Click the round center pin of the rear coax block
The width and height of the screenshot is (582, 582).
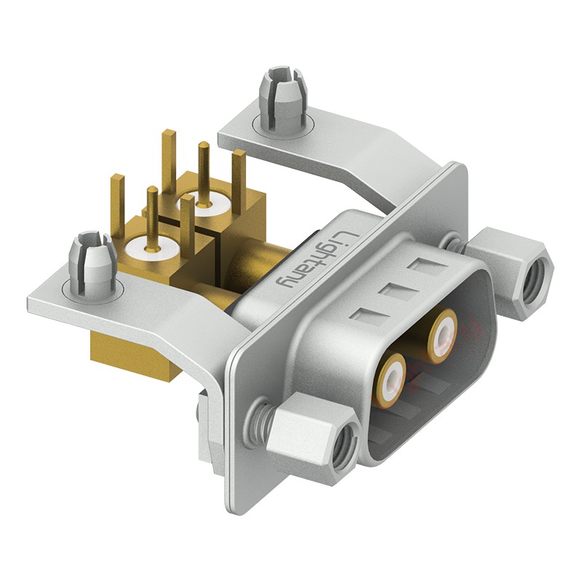(x=203, y=174)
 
